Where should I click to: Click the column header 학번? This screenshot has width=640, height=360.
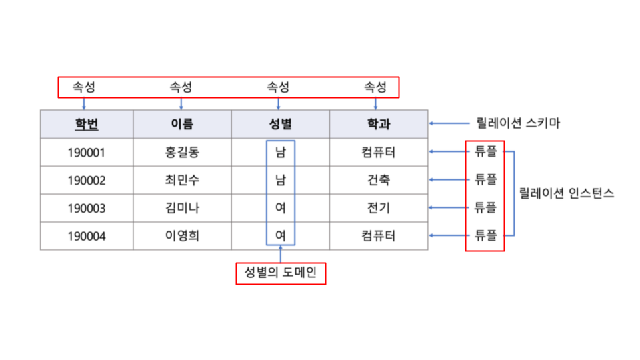click(x=87, y=124)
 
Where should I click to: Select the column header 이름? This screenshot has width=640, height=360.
click(x=181, y=124)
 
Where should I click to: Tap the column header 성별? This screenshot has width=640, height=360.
click(x=279, y=124)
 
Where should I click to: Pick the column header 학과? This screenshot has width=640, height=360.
click(x=378, y=124)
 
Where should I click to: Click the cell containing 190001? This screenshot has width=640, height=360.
click(x=87, y=153)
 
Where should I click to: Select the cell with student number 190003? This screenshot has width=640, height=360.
click(x=87, y=208)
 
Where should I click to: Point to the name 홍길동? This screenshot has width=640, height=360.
click(x=181, y=153)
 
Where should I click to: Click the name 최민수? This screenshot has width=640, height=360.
click(x=181, y=180)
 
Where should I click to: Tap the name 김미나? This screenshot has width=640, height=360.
click(x=181, y=208)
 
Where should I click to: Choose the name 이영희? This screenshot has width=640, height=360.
click(x=181, y=236)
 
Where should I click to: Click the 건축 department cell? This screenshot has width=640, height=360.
click(x=378, y=180)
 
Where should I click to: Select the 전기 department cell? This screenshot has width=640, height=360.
click(x=378, y=208)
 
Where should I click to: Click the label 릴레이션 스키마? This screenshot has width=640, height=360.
click(x=517, y=123)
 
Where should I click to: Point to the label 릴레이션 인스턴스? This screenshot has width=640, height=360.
click(x=567, y=194)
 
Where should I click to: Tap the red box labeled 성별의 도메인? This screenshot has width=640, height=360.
click(x=281, y=273)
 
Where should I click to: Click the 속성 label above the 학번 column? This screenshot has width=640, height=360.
click(x=84, y=87)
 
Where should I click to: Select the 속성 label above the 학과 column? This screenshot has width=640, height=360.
click(x=375, y=87)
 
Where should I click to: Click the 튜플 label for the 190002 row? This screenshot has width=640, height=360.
click(x=485, y=179)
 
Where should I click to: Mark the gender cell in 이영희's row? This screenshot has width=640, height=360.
click(x=280, y=236)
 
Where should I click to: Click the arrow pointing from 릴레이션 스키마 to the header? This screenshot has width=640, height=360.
click(x=450, y=123)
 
